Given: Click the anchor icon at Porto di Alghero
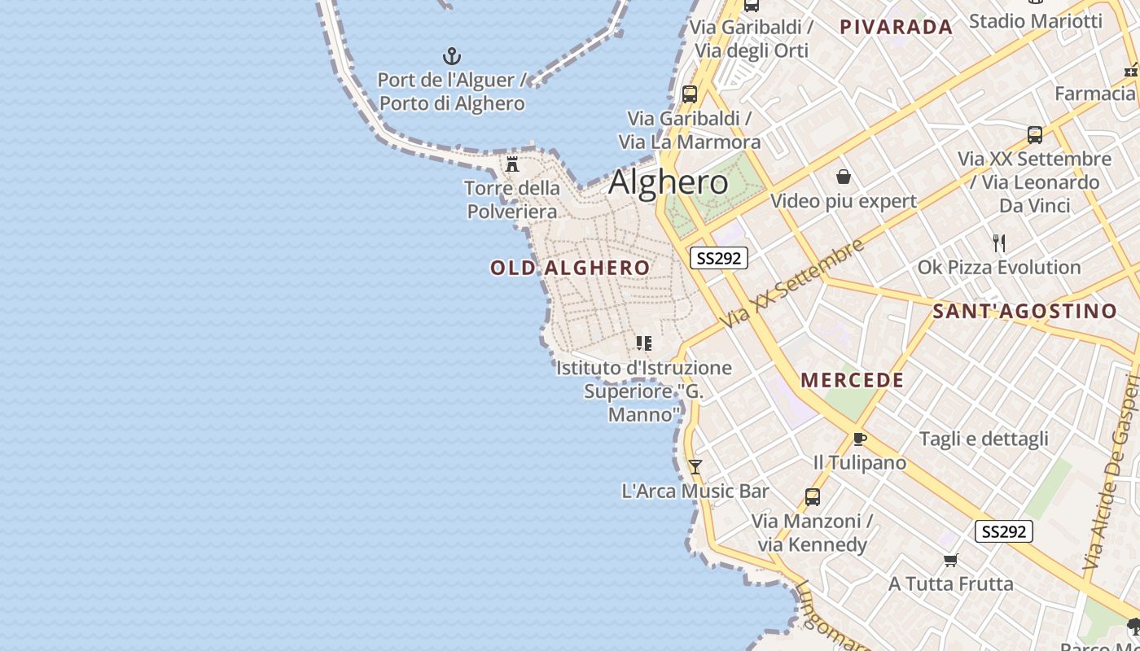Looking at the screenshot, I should click(x=451, y=56).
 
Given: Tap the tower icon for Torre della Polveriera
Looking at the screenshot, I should click(x=512, y=164).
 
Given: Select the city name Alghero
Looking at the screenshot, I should click(x=668, y=182).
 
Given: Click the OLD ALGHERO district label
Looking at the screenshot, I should click(x=570, y=268).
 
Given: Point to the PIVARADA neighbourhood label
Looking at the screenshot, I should click(x=896, y=27).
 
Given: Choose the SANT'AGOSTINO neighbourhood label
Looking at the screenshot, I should click(x=1024, y=311).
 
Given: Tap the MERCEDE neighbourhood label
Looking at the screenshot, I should click(x=852, y=380).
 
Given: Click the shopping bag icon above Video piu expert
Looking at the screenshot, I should click(x=843, y=177).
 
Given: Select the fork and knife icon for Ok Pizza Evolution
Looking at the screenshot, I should click(x=999, y=242).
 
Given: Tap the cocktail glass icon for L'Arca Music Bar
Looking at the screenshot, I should click(x=695, y=466).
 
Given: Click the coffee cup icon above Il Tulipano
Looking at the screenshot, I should click(x=859, y=439).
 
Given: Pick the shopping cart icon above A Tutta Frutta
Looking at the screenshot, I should click(x=950, y=560).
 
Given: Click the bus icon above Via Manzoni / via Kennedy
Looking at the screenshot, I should click(x=812, y=496).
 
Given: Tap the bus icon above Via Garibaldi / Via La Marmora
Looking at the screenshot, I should click(x=689, y=94).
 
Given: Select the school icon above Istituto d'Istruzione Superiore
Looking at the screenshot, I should click(x=643, y=343).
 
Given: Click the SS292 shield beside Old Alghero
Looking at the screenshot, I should click(x=718, y=258).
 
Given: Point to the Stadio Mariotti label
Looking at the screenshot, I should click(x=1035, y=20).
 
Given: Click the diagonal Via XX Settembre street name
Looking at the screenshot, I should click(x=791, y=285).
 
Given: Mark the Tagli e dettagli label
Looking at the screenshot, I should click(x=984, y=439).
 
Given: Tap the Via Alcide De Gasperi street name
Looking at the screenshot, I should click(x=1111, y=472).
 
